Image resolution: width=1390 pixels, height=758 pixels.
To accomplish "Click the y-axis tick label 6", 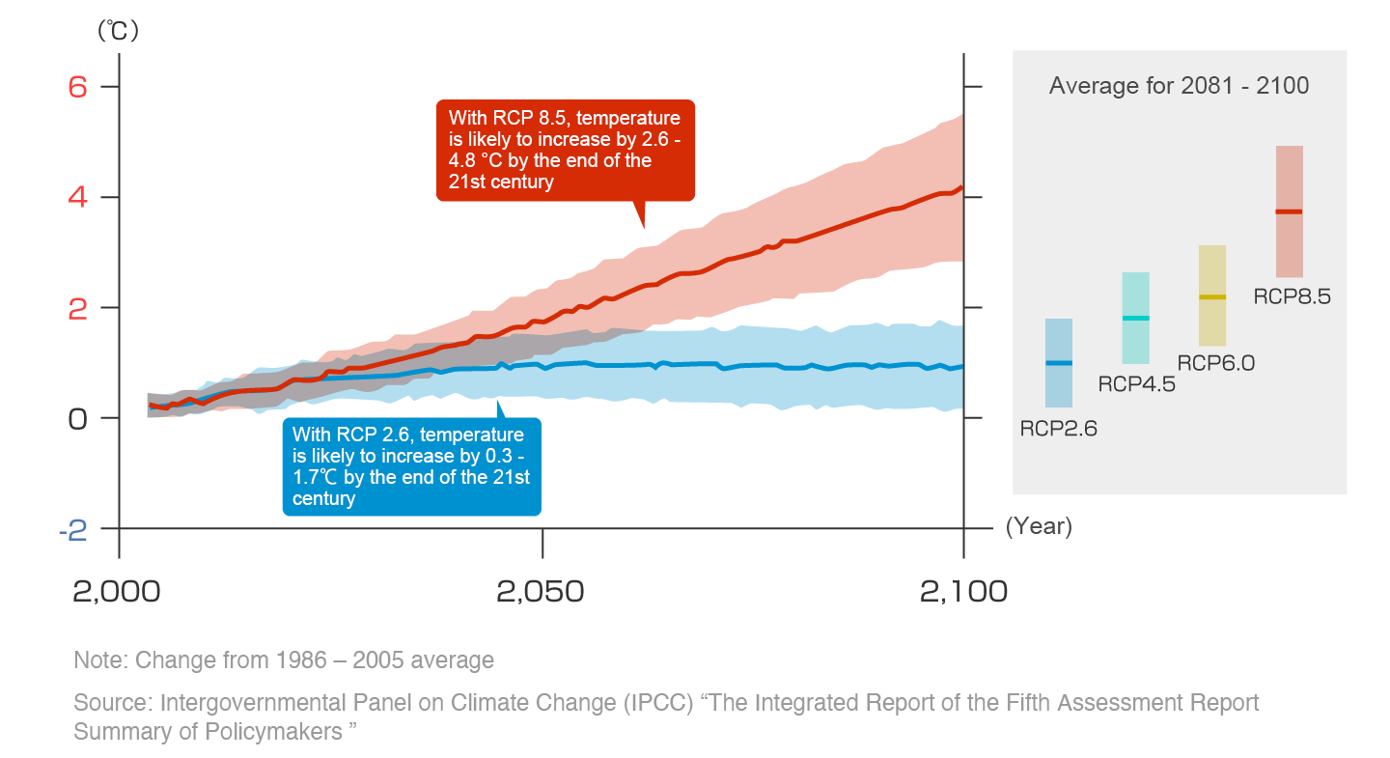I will pyautogui.click(x=78, y=87).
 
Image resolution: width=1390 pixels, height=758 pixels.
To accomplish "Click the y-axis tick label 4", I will pyautogui.click(x=78, y=197).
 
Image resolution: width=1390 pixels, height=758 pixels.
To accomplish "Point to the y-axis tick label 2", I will pyautogui.click(x=78, y=308).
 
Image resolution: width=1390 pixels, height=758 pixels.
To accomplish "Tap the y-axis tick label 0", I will pyautogui.click(x=78, y=418).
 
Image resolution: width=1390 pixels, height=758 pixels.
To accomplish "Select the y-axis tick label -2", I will pyautogui.click(x=73, y=529).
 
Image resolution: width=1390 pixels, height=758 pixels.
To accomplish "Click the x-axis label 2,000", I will pyautogui.click(x=118, y=591).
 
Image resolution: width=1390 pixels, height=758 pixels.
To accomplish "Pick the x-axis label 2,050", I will pyautogui.click(x=541, y=591).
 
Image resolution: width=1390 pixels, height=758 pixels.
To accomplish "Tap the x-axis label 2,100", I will pyautogui.click(x=963, y=591).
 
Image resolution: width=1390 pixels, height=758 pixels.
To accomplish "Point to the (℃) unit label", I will pyautogui.click(x=118, y=31).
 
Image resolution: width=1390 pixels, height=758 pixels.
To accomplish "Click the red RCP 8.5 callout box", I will pyautogui.click(x=565, y=150).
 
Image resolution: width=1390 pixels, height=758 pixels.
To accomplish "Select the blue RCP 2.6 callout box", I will pyautogui.click(x=411, y=466).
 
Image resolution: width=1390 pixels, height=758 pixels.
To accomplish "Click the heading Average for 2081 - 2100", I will pyautogui.click(x=1179, y=86).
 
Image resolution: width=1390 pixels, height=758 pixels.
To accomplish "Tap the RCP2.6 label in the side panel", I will pyautogui.click(x=1059, y=430).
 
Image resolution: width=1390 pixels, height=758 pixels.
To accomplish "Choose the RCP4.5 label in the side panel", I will pyautogui.click(x=1136, y=384).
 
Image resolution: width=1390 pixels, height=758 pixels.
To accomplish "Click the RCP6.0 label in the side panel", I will pyautogui.click(x=1215, y=363).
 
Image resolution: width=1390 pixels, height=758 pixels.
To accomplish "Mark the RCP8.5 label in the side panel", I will pyautogui.click(x=1292, y=296).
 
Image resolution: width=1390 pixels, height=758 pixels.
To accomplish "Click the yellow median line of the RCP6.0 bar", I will pyautogui.click(x=1212, y=297).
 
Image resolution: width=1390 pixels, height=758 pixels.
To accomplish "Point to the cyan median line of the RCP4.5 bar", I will pyautogui.click(x=1135, y=319).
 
